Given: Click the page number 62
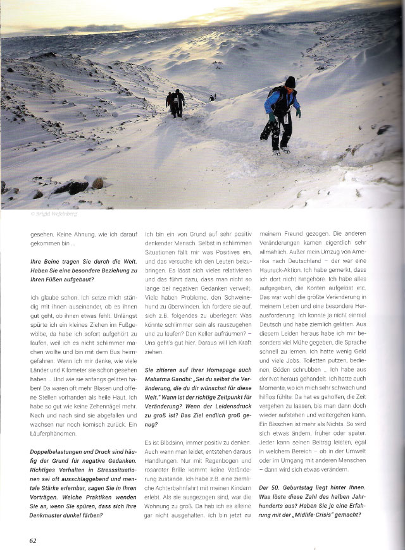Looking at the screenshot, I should pos(32,540).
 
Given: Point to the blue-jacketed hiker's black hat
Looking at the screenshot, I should pos(290,81).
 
